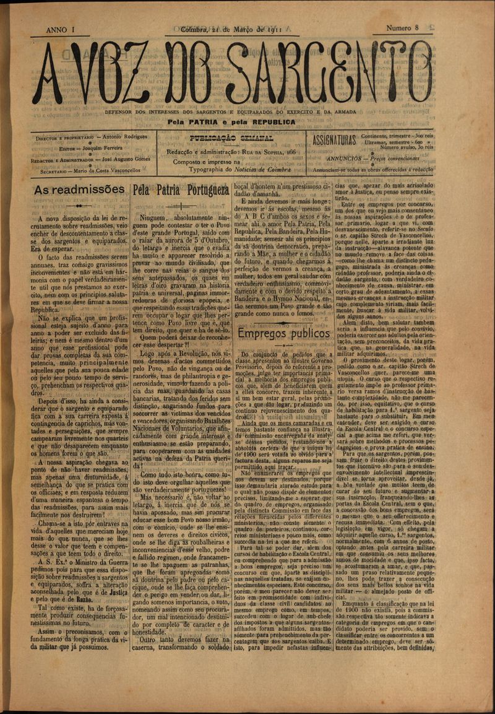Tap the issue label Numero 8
[x=403, y=28]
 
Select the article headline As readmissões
[x=79, y=189]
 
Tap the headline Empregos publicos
[x=284, y=334]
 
